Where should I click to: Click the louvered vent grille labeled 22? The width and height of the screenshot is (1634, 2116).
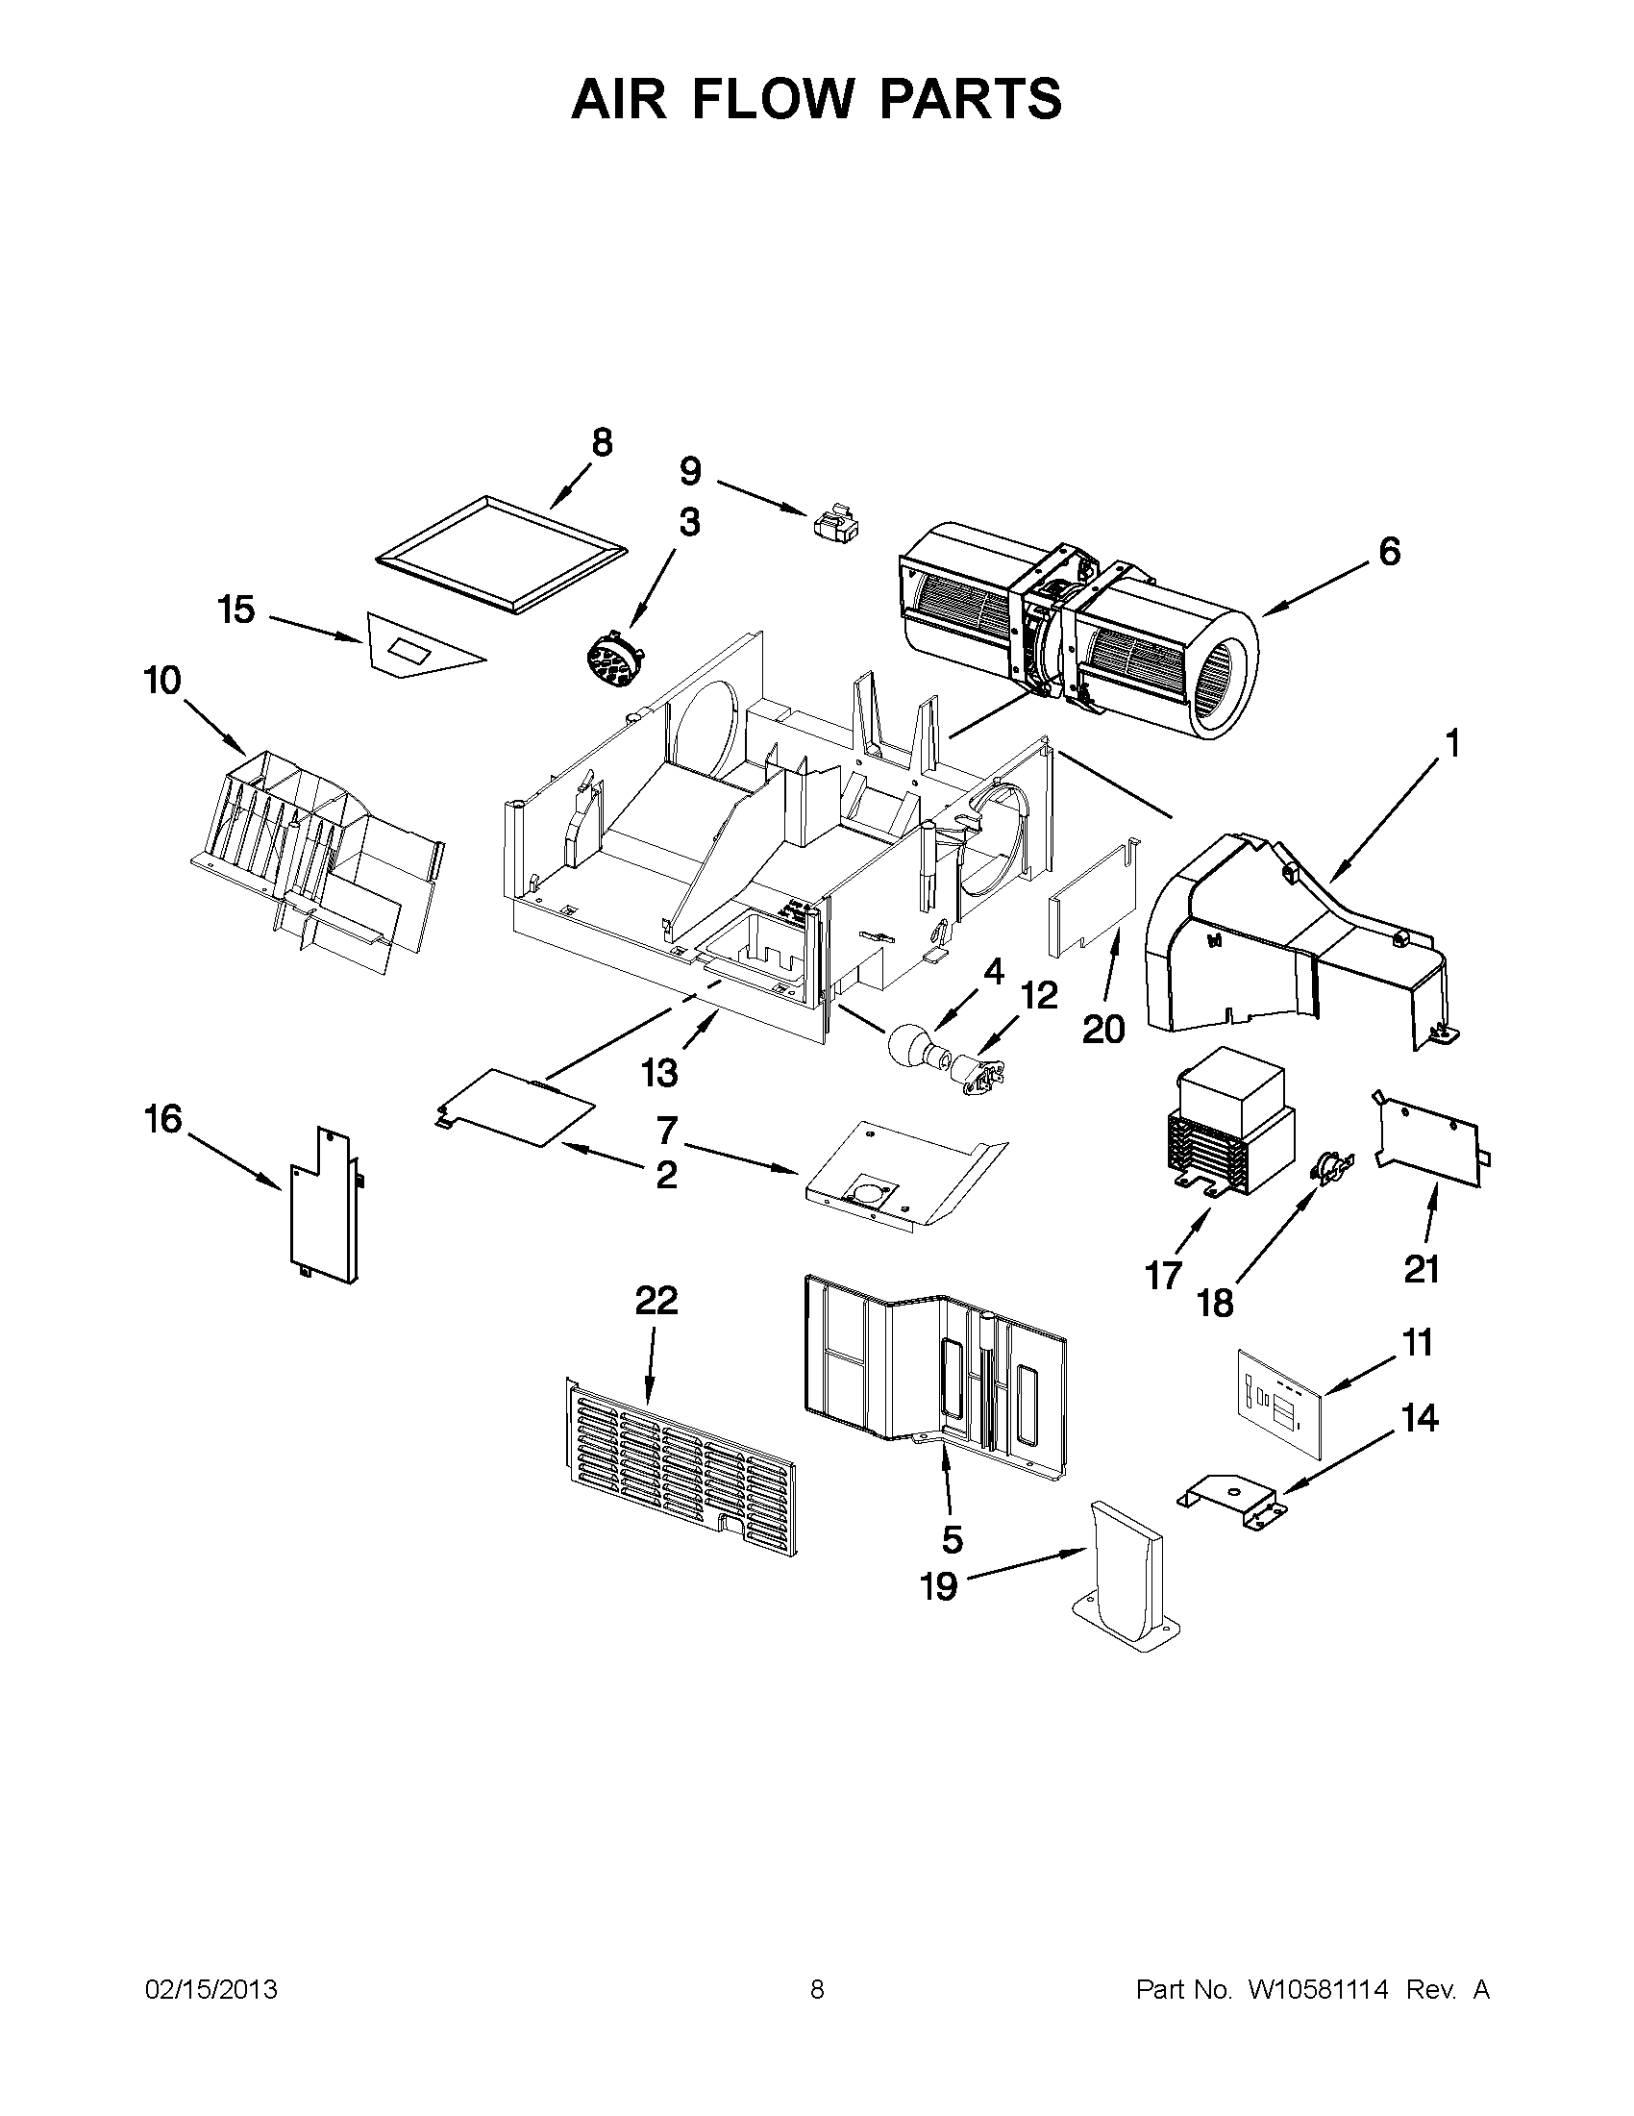point(681,1466)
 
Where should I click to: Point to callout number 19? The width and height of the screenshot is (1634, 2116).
point(937,1587)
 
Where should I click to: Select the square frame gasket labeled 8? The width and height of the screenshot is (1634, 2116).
point(500,555)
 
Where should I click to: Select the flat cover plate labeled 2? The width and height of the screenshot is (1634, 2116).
point(516,1106)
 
